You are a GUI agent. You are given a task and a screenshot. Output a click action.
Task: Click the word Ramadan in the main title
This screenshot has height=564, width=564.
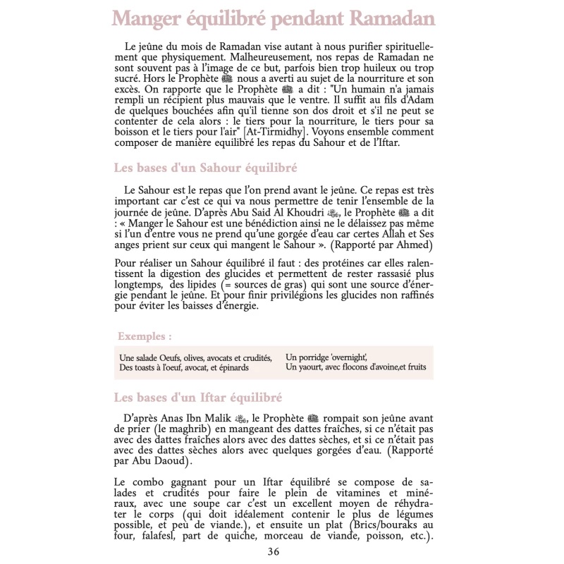386,18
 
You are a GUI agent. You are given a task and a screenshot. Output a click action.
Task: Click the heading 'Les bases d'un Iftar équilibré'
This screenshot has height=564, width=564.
197,398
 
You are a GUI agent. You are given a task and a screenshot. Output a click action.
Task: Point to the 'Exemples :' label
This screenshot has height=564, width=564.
145,336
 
